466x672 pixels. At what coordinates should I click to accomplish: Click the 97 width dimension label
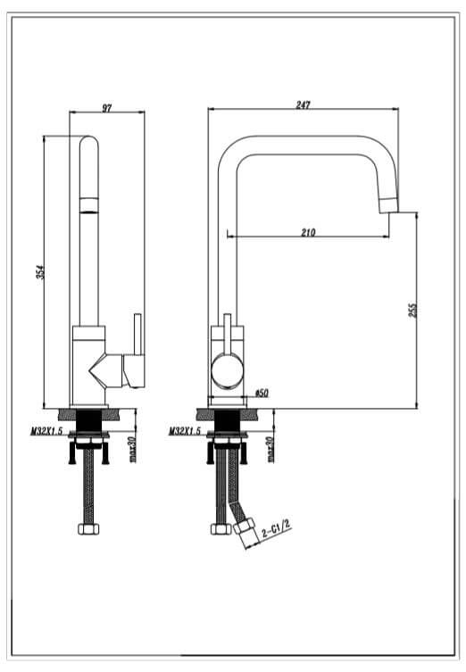tap(107, 108)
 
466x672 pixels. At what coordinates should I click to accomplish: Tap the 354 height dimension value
tap(41, 272)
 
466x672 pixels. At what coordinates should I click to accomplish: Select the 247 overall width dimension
tap(304, 105)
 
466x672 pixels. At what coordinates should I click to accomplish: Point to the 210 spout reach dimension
tap(308, 232)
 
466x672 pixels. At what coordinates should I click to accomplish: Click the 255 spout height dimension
tap(412, 310)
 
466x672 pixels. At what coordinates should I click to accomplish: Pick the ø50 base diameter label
tap(262, 393)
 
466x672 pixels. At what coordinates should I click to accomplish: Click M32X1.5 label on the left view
tap(46, 431)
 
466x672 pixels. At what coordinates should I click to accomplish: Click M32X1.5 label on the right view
tap(185, 431)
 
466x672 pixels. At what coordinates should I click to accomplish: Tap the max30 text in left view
tap(132, 449)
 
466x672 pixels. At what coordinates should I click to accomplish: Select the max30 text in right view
tap(270, 449)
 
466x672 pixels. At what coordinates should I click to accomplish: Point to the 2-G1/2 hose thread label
tap(276, 528)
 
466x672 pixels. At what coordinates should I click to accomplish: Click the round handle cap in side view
tap(227, 370)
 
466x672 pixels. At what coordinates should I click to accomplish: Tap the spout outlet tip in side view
tap(389, 205)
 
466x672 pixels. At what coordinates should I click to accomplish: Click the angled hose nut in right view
tap(244, 526)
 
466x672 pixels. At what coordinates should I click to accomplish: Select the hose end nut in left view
tap(88, 529)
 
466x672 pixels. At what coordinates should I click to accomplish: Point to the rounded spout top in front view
tap(88, 144)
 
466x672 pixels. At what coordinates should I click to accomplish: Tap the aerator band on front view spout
tap(89, 205)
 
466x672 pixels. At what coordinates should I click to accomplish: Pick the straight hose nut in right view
tap(221, 529)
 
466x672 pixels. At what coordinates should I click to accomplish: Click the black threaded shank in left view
tap(88, 420)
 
